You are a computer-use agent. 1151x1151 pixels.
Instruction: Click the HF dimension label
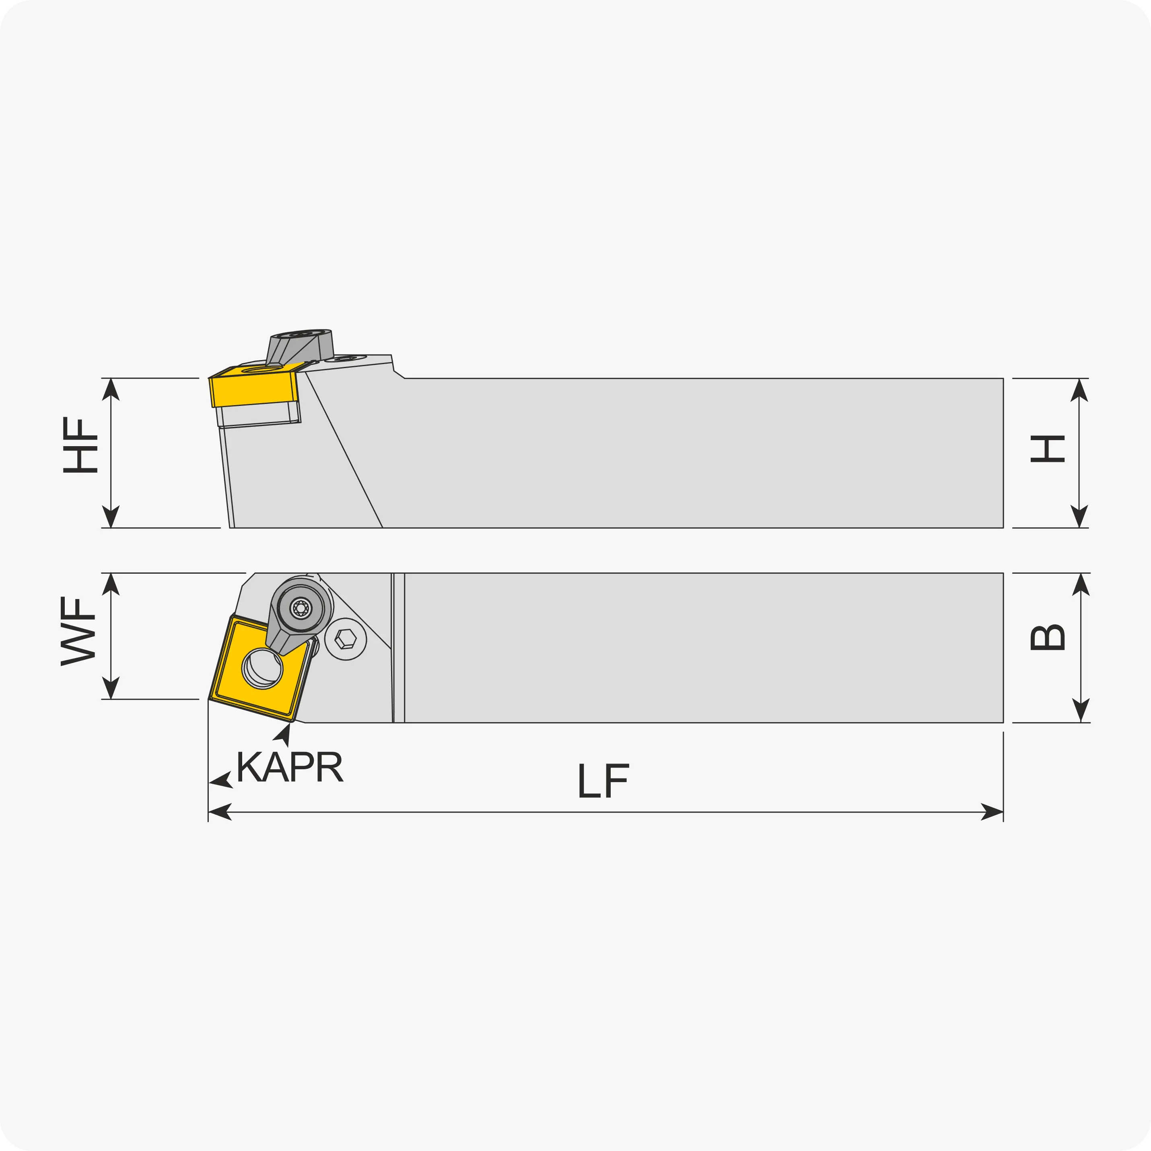pyautogui.click(x=80, y=446)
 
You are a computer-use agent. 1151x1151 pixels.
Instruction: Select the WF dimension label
pyautogui.click(x=78, y=632)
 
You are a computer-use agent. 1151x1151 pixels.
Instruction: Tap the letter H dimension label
pyautogui.click(x=1047, y=449)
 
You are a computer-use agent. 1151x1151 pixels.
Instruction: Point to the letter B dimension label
pyautogui.click(x=1047, y=638)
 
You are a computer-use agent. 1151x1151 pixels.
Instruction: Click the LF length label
pyautogui.click(x=603, y=780)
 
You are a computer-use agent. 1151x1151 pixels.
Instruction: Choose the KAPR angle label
pyautogui.click(x=290, y=767)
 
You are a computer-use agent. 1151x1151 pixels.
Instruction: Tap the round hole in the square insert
pyautogui.click(x=262, y=669)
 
